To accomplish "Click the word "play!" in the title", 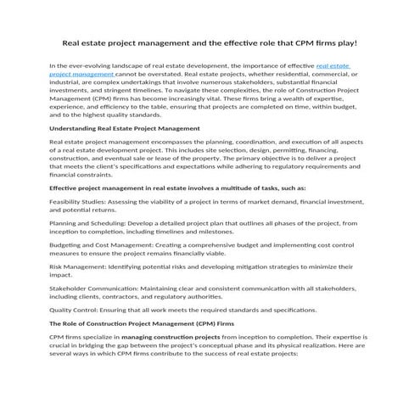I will coord(345,42).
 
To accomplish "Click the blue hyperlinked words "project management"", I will coord(81,75).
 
